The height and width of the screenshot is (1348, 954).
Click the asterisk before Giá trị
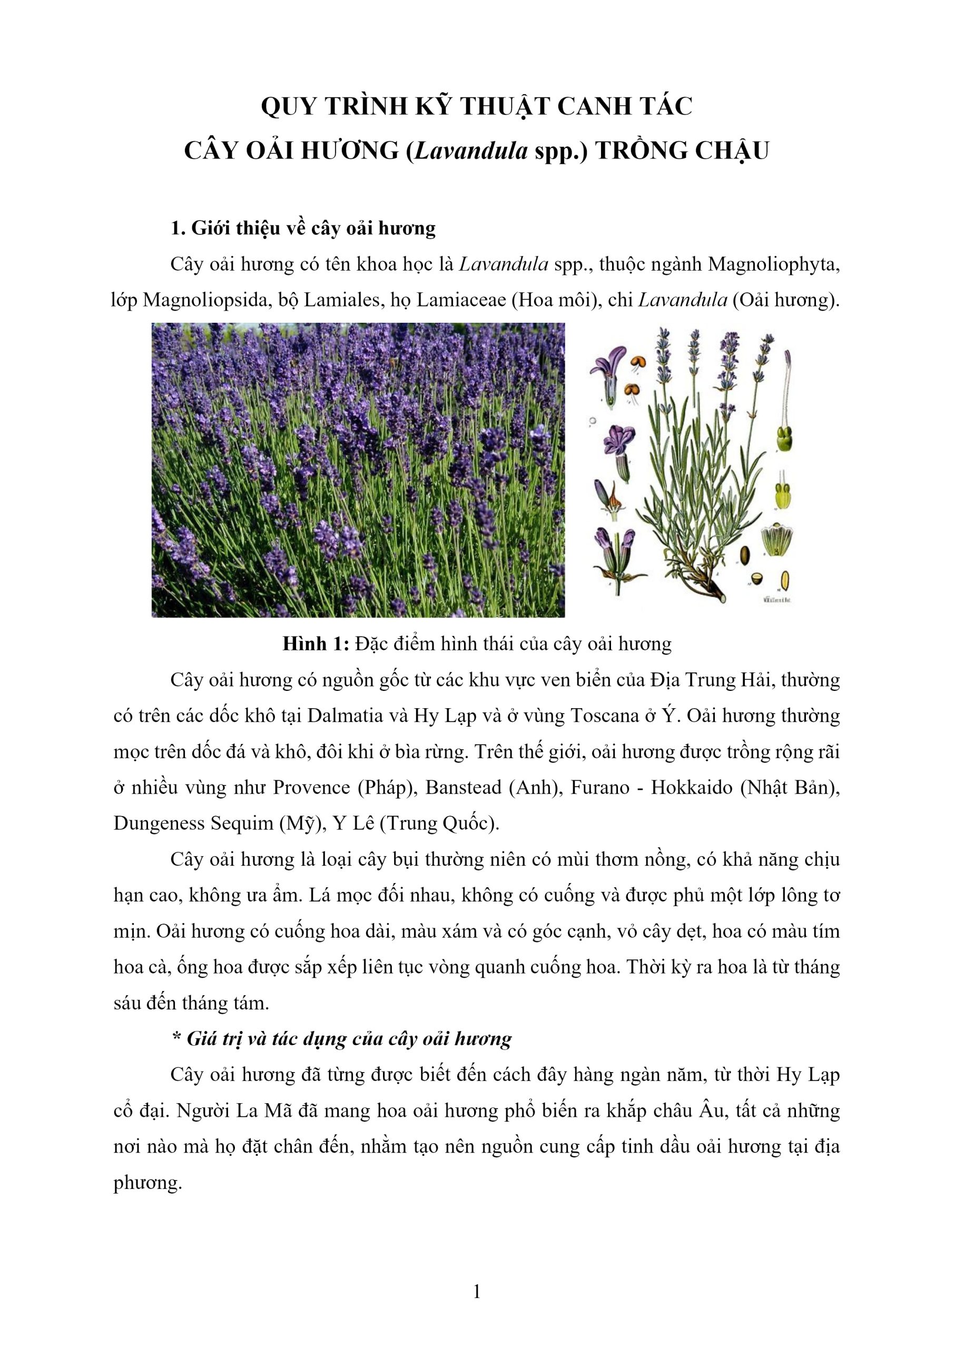tap(175, 1038)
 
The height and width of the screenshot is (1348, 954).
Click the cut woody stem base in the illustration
tap(720, 596)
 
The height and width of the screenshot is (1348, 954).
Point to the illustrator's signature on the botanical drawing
tap(775, 600)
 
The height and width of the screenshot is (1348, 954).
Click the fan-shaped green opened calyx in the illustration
tap(775, 539)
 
